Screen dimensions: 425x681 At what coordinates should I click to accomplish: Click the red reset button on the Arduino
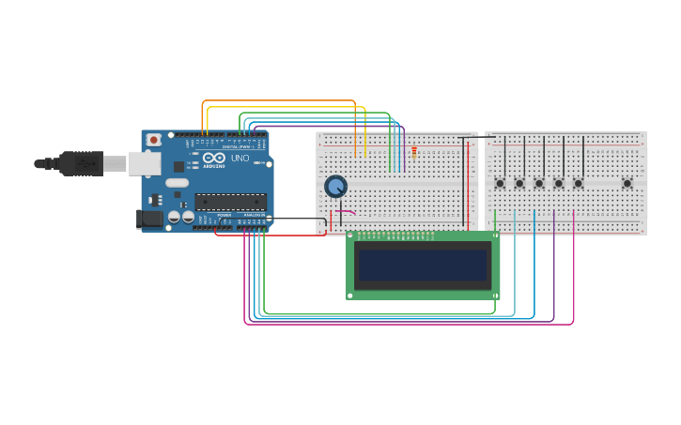153,140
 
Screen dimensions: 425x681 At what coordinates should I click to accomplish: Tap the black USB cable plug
79,163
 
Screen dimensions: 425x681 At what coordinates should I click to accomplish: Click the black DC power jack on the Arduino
149,220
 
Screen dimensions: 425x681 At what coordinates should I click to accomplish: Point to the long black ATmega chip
230,201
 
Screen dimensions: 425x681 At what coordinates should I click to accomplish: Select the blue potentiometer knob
335,186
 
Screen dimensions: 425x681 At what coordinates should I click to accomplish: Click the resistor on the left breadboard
414,151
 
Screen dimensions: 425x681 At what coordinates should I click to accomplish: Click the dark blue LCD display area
423,266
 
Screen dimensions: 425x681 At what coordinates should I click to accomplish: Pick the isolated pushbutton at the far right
627,183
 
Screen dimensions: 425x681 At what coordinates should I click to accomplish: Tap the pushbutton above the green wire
500,183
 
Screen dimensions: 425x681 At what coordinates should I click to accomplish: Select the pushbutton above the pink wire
578,183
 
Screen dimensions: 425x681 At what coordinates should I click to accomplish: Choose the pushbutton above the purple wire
558,183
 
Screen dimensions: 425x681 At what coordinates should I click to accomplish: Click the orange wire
282,100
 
